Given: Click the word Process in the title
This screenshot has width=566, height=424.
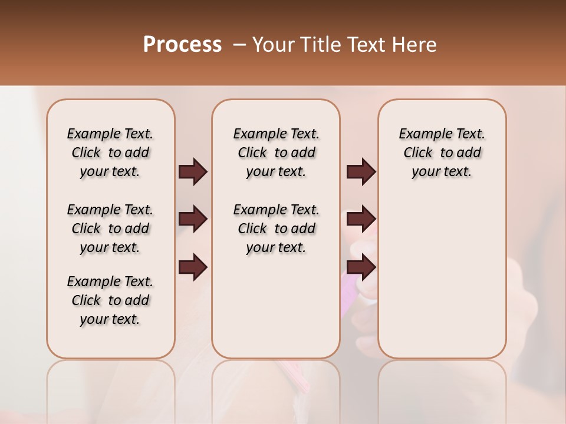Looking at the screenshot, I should (x=182, y=45).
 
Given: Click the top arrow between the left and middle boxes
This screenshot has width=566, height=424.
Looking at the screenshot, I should (x=193, y=172).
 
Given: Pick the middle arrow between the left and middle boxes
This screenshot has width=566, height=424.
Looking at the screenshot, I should (x=193, y=219).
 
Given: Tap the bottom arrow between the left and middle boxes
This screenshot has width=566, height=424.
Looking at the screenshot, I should (x=193, y=268).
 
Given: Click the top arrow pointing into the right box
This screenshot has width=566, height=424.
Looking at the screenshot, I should (x=361, y=172).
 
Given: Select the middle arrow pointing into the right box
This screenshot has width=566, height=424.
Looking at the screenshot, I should (x=361, y=219).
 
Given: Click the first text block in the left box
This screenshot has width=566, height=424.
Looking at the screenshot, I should (x=110, y=153).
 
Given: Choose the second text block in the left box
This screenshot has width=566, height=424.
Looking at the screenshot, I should (x=110, y=228).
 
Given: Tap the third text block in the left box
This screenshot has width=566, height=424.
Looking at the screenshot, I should (x=110, y=300).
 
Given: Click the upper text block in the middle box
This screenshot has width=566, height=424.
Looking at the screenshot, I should (x=276, y=153).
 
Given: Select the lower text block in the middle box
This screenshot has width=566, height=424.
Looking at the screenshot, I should (x=276, y=228).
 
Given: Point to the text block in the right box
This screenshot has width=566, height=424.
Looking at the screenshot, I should (x=442, y=153).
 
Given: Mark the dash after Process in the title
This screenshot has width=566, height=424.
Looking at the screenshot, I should (x=239, y=45).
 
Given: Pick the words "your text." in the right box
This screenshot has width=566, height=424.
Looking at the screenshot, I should (x=442, y=172).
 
